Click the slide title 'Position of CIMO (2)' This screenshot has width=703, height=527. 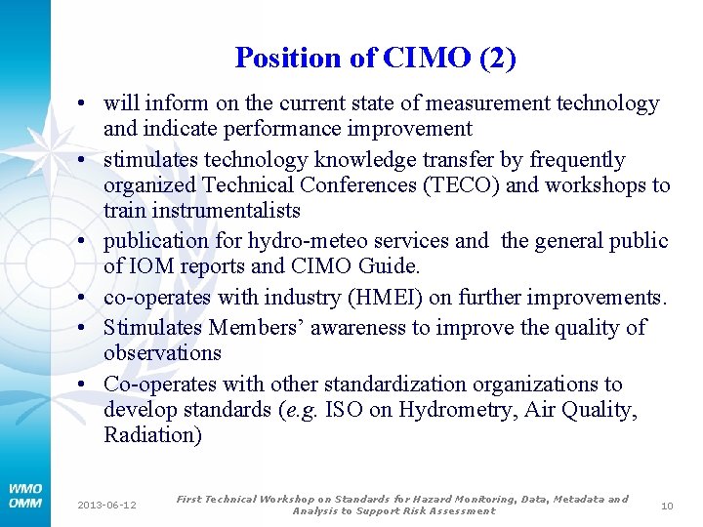point(376,59)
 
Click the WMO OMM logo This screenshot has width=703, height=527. point(24,495)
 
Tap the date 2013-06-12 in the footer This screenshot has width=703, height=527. point(107,505)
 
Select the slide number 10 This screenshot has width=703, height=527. point(668,505)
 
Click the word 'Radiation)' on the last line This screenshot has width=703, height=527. point(152,435)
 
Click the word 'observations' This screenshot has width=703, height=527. point(162,353)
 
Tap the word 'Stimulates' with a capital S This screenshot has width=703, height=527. point(152,328)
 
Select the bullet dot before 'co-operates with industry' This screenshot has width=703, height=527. point(88,298)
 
